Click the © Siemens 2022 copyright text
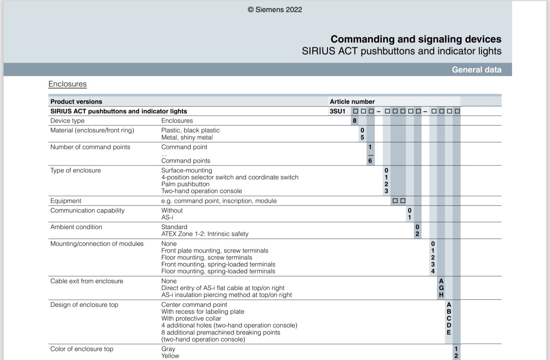pyautogui.click(x=275, y=10)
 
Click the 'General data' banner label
pyautogui.click(x=476, y=70)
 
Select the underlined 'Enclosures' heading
pyautogui.click(x=67, y=84)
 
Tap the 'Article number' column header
pyautogui.click(x=352, y=102)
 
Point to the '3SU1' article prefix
pyautogui.click(x=337, y=111)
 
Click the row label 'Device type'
pyautogui.click(x=67, y=121)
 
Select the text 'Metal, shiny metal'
pyautogui.click(x=187, y=137)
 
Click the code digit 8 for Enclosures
pyautogui.click(x=354, y=121)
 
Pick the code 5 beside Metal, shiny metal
pyautogui.click(x=362, y=137)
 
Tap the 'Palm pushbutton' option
pyautogui.click(x=185, y=184)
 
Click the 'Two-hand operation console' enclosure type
pyautogui.click(x=201, y=191)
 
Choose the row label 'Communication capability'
pyautogui.click(x=87, y=211)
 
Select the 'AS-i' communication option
pyautogui.click(x=167, y=217)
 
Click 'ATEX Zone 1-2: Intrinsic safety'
pyautogui.click(x=205, y=234)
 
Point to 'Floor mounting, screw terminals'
pyautogui.click(x=207, y=258)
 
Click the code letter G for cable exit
pyautogui.click(x=441, y=288)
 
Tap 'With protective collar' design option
pyautogui.click(x=191, y=318)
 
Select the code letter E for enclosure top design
pyautogui.click(x=449, y=333)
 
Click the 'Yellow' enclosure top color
pyautogui.click(x=170, y=356)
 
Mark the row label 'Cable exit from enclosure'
pyautogui.click(x=87, y=281)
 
